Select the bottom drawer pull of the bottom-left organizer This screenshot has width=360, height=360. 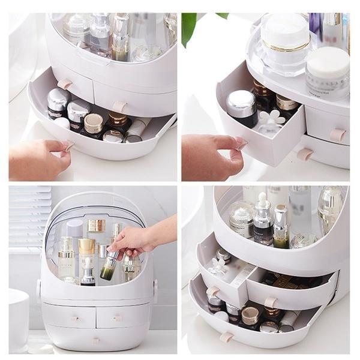(95, 340)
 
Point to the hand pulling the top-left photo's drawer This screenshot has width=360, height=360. (39, 159)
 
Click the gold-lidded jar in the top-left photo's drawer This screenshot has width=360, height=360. (93, 123)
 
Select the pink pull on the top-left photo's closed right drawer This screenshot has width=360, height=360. (121, 106)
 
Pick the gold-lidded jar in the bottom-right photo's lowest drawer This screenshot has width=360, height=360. (249, 316)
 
